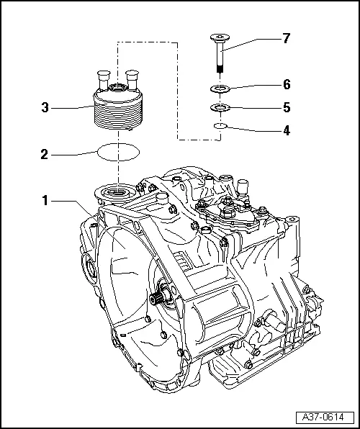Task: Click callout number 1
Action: point(45,200)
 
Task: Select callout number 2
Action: point(45,153)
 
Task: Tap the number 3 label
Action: point(45,108)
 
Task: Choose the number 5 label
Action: point(286,107)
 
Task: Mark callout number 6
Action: point(286,84)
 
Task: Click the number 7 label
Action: point(286,39)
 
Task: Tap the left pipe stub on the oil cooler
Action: point(102,77)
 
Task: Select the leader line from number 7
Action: point(248,40)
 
